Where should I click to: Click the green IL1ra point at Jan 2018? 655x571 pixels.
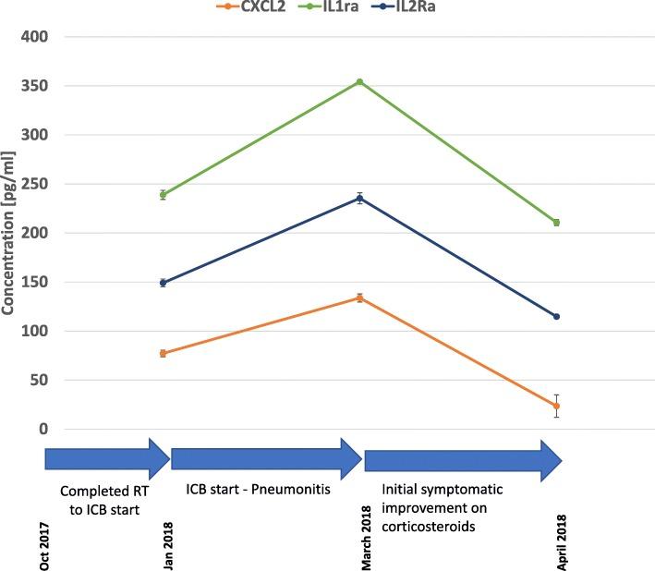[163, 195]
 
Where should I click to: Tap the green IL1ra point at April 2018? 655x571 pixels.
[556, 223]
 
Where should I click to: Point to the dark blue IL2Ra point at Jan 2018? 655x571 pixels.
[163, 283]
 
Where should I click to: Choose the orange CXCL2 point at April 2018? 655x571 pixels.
[556, 407]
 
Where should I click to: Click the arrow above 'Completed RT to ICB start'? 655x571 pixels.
[106, 459]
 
